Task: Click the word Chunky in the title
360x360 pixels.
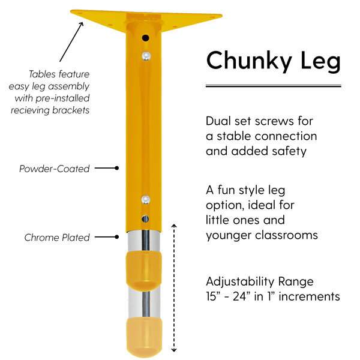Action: [x=249, y=61]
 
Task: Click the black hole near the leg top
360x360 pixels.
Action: [x=145, y=38]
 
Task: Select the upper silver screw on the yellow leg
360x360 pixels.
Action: [x=146, y=56]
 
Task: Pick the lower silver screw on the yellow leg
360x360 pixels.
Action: [x=146, y=200]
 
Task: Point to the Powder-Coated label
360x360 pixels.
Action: [x=55, y=169]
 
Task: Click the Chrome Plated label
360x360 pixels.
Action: [x=57, y=238]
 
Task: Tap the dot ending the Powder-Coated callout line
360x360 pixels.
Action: [x=117, y=168]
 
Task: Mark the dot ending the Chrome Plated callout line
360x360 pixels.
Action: [x=117, y=237]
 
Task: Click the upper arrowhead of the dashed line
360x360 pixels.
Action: [x=174, y=226]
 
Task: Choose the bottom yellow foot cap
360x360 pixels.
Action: [x=144, y=337]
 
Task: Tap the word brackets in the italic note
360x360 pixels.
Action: [x=71, y=110]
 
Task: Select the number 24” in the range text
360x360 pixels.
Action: [x=239, y=296]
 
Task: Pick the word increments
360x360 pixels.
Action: [x=309, y=296]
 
